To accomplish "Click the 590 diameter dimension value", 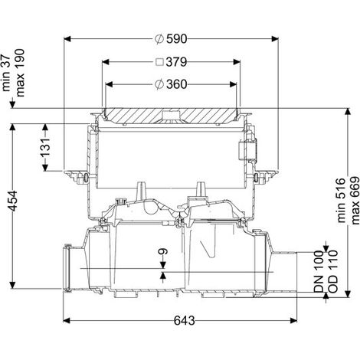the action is point(177,39).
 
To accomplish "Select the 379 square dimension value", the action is point(176,62).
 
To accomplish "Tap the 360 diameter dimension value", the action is point(177,84).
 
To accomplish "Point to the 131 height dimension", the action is point(45,148).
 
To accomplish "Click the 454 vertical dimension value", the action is point(13,201).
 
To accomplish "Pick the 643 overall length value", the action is point(185,321).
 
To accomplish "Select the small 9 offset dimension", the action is point(163,251).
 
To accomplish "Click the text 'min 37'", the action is point(6,73).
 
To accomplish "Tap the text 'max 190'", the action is point(19,73).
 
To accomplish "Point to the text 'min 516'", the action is point(341,201).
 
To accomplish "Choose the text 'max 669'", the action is point(355,201).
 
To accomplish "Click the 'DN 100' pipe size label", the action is point(319,271).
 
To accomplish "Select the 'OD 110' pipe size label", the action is point(332,271).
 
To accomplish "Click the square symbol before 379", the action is point(160,62).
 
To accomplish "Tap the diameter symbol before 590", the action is point(159,39).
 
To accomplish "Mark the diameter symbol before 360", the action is point(159,84).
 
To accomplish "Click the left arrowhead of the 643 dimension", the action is point(67,320).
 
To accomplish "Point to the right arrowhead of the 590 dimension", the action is point(275,39).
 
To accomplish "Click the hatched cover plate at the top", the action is point(171,116).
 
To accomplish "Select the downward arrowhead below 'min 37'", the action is point(12,105).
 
